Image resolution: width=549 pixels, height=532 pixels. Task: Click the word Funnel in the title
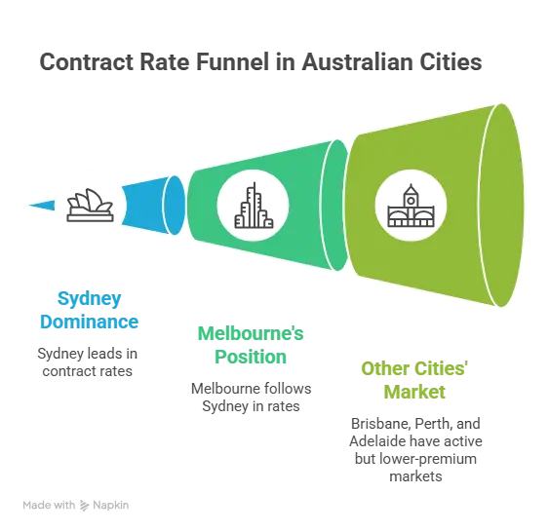232,62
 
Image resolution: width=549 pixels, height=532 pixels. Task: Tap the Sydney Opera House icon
90,206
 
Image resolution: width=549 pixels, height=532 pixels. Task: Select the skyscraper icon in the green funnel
254,206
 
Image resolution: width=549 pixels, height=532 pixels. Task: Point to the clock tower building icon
411,206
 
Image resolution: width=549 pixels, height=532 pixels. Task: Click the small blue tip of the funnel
42,206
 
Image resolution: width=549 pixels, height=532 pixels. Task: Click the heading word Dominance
90,322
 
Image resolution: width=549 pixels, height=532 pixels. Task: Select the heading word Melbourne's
251,333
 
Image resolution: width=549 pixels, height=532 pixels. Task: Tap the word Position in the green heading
251,357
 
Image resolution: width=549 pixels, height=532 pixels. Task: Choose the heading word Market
414,392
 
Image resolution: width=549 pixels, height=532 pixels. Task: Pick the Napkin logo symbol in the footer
84,506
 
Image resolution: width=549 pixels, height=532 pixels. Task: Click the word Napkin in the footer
110,506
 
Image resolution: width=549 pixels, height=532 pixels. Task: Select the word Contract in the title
87,62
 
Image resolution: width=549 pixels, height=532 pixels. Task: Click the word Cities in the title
451,62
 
